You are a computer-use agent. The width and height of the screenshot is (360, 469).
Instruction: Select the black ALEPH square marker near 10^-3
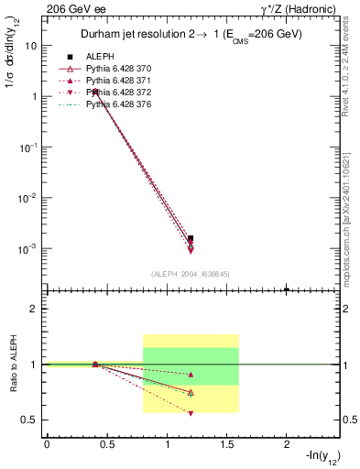(x=191, y=238)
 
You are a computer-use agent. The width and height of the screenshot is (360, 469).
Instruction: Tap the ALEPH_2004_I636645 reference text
(x=191, y=274)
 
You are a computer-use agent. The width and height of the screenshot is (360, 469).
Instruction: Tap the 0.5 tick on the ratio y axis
(x=29, y=420)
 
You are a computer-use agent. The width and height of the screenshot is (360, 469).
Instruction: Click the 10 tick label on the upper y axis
(x=31, y=45)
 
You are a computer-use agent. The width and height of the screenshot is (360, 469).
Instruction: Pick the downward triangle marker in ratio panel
(x=191, y=413)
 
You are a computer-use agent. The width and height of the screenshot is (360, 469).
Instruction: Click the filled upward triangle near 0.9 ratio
(x=191, y=375)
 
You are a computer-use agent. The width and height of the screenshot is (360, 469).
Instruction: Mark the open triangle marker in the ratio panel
(x=191, y=392)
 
